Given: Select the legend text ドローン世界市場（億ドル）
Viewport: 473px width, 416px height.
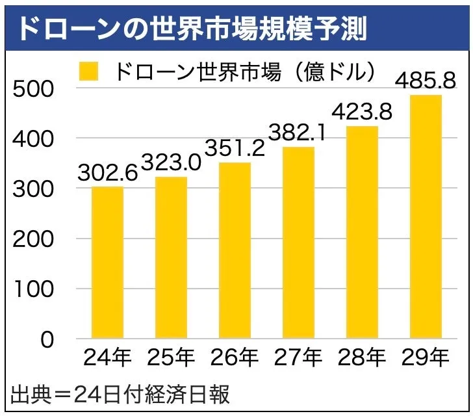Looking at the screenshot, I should tap(246, 71).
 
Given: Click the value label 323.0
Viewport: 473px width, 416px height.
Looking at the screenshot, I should tap(171, 162).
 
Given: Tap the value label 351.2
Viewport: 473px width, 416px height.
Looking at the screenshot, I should tap(235, 148).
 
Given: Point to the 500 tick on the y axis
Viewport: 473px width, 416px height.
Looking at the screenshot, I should tap(34, 88).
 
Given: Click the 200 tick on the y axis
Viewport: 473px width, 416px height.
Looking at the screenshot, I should tap(34, 239).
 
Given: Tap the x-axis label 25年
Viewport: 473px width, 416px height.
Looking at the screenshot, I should tap(171, 359).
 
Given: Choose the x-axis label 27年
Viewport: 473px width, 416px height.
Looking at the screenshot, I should tap(298, 359).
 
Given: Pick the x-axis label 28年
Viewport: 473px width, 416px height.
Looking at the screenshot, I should tap(362, 359).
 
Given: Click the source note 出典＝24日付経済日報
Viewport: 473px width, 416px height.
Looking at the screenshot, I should tap(120, 395).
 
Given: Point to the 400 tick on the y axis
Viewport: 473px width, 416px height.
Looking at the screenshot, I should tap(34, 138).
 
